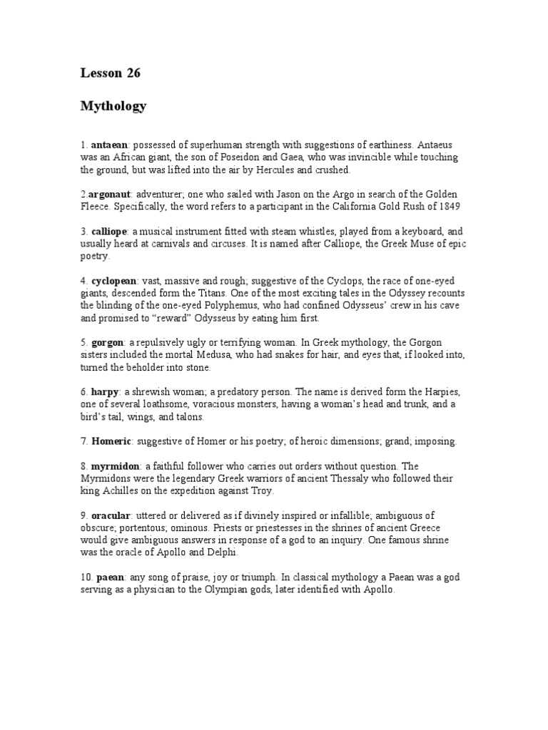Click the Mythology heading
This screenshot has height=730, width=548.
[x=113, y=106]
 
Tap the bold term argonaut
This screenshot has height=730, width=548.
[x=110, y=194]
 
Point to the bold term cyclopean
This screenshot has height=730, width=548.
[x=113, y=280]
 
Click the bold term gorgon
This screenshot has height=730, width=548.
[x=107, y=342]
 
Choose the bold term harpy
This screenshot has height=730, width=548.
[x=104, y=392]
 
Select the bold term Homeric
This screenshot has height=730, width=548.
[x=111, y=441]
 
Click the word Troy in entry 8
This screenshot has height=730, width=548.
[x=262, y=491]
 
